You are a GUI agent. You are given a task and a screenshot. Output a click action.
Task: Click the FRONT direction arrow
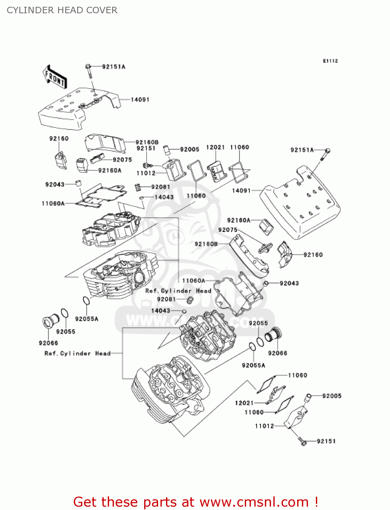54,77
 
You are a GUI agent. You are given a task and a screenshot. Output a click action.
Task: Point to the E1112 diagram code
330,61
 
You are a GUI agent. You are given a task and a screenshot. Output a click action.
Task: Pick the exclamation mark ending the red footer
316,502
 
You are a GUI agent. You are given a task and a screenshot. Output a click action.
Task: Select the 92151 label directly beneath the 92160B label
146,148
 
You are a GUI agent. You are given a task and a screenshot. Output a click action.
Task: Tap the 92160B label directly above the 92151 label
147,142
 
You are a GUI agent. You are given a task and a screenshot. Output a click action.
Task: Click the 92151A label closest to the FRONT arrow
114,67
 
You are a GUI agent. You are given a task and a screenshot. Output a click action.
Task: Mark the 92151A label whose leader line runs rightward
302,150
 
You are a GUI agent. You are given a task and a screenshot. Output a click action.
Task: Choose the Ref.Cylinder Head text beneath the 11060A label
178,291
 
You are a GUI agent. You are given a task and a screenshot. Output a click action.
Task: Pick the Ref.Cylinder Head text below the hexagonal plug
78,353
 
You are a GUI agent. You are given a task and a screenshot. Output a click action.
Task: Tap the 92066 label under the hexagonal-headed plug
48,343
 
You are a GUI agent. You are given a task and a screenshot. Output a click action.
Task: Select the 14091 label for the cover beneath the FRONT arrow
140,100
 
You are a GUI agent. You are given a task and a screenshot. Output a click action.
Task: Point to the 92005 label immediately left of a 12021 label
189,149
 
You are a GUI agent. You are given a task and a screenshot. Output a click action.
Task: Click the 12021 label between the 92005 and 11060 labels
215,147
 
